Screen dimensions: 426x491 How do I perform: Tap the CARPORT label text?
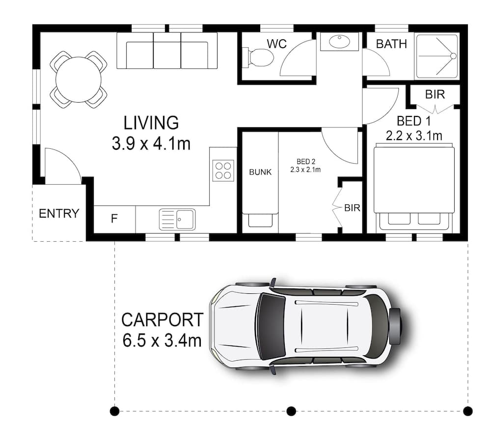click(x=162, y=320)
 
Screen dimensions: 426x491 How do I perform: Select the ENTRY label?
click(x=59, y=214)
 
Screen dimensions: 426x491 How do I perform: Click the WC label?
click(x=276, y=43)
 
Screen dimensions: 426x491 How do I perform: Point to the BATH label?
click(x=391, y=44)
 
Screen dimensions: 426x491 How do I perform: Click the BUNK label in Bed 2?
click(x=260, y=172)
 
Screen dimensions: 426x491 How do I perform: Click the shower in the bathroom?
click(x=436, y=56)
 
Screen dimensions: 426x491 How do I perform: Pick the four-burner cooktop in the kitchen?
click(x=223, y=170)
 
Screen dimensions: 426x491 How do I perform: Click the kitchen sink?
click(x=177, y=219)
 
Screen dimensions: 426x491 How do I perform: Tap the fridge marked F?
click(x=114, y=219)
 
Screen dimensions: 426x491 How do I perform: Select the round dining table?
click(x=79, y=79)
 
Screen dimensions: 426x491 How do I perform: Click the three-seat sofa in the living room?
click(x=167, y=51)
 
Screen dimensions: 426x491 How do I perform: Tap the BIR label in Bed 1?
click(x=435, y=94)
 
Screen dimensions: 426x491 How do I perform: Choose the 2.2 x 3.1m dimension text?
click(x=413, y=136)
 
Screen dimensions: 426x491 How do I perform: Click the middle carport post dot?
click(x=291, y=410)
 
